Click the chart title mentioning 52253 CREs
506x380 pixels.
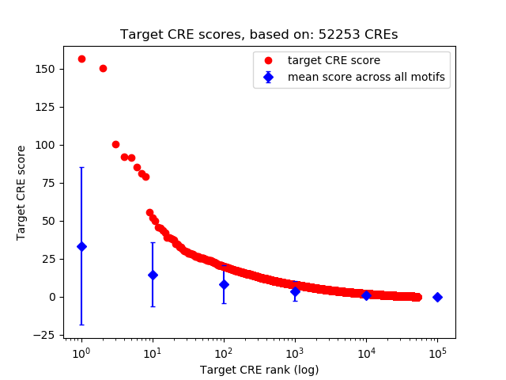pyautogui.click(x=259, y=35)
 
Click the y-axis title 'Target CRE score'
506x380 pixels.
pyautogui.click(x=21, y=192)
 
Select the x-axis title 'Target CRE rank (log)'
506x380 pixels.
pyautogui.click(x=259, y=369)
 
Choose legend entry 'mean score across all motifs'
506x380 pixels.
pyautogui.click(x=365, y=77)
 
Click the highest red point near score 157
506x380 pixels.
pyautogui.click(x=81, y=59)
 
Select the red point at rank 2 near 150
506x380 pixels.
pyautogui.click(x=103, y=68)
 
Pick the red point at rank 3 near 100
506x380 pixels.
pyautogui.click(x=115, y=144)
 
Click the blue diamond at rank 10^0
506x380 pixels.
pyautogui.click(x=81, y=246)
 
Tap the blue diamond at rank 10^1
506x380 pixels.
pyautogui.click(x=153, y=275)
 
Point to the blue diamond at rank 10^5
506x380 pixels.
pyautogui.click(x=437, y=297)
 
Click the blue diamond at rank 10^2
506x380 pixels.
pyautogui.click(x=224, y=284)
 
